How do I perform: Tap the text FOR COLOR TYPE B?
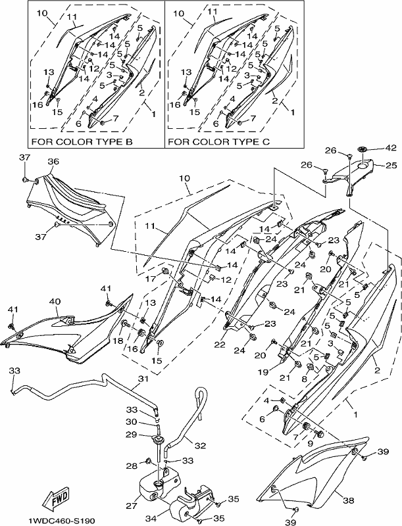click(x=82, y=141)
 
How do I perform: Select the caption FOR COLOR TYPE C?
click(x=219, y=141)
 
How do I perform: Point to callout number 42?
click(x=391, y=148)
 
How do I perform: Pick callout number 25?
click(x=391, y=166)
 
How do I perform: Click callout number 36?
click(x=53, y=161)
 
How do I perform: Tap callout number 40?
click(x=55, y=301)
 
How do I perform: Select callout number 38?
click(x=349, y=501)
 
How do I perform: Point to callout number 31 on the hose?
click(x=143, y=379)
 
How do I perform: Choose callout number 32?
click(x=200, y=446)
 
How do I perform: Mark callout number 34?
click(x=151, y=519)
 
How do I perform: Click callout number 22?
click(x=220, y=345)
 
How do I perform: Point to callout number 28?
click(x=132, y=466)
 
